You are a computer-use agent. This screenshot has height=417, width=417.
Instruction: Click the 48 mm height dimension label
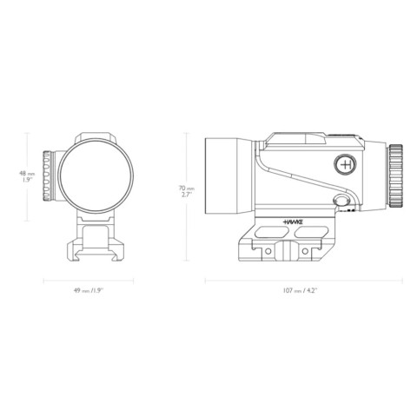point(26,177)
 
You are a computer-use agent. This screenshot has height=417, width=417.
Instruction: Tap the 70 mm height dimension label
point(184,190)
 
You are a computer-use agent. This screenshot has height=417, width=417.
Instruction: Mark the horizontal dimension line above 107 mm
point(303,280)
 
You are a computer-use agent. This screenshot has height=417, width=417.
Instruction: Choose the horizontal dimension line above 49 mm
point(86,280)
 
